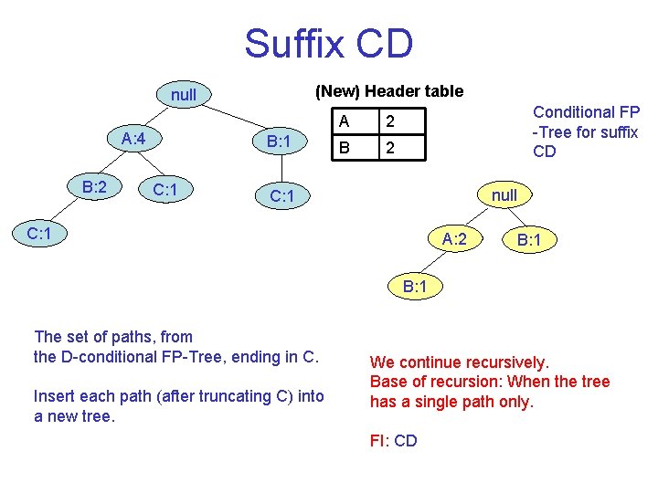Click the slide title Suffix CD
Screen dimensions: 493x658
coord(328,44)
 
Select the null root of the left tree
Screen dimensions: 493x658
coord(183,95)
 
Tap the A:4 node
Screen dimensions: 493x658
coord(141,139)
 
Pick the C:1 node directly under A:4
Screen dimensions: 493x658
coord(164,190)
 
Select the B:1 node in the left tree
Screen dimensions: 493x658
coord(273,142)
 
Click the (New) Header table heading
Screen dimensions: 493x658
coord(388,91)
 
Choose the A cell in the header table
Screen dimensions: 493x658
coord(344,121)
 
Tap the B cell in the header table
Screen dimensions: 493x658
coord(344,147)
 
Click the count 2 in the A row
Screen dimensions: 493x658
coord(389,121)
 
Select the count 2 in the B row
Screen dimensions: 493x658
coord(389,147)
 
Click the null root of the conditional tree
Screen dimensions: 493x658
coord(504,194)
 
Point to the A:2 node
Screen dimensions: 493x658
coord(455,240)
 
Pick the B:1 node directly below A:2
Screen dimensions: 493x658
coord(416,287)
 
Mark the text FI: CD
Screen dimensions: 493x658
coord(393,441)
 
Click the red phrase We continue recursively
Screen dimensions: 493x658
coord(459,362)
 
